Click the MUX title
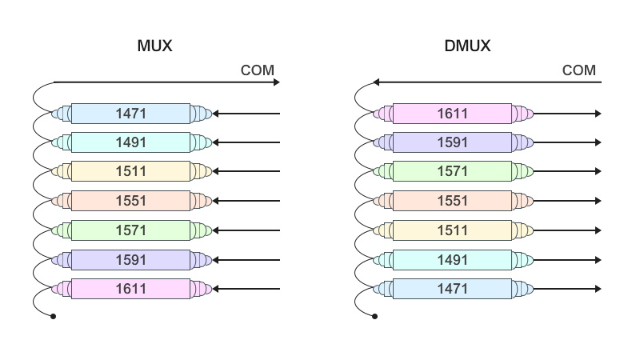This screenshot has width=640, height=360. [155, 46]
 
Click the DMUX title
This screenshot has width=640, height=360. [467, 46]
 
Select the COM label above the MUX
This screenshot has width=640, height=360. [258, 70]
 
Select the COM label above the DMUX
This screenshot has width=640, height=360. [579, 70]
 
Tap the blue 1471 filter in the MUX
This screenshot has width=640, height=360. [131, 114]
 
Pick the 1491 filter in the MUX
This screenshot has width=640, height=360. [131, 142]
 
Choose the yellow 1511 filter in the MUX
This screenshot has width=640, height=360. [131, 171]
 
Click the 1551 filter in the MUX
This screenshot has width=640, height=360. [131, 200]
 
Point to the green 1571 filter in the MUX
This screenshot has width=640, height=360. [131, 230]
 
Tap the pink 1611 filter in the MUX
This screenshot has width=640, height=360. [131, 289]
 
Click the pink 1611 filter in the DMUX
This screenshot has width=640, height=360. [452, 114]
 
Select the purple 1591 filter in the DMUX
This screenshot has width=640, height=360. [452, 142]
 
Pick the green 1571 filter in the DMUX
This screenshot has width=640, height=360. [452, 171]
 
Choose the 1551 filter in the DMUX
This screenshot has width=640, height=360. [452, 200]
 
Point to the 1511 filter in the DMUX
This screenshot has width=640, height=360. [452, 230]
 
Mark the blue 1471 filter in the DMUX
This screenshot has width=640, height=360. [452, 289]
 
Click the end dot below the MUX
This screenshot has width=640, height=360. [54, 317]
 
